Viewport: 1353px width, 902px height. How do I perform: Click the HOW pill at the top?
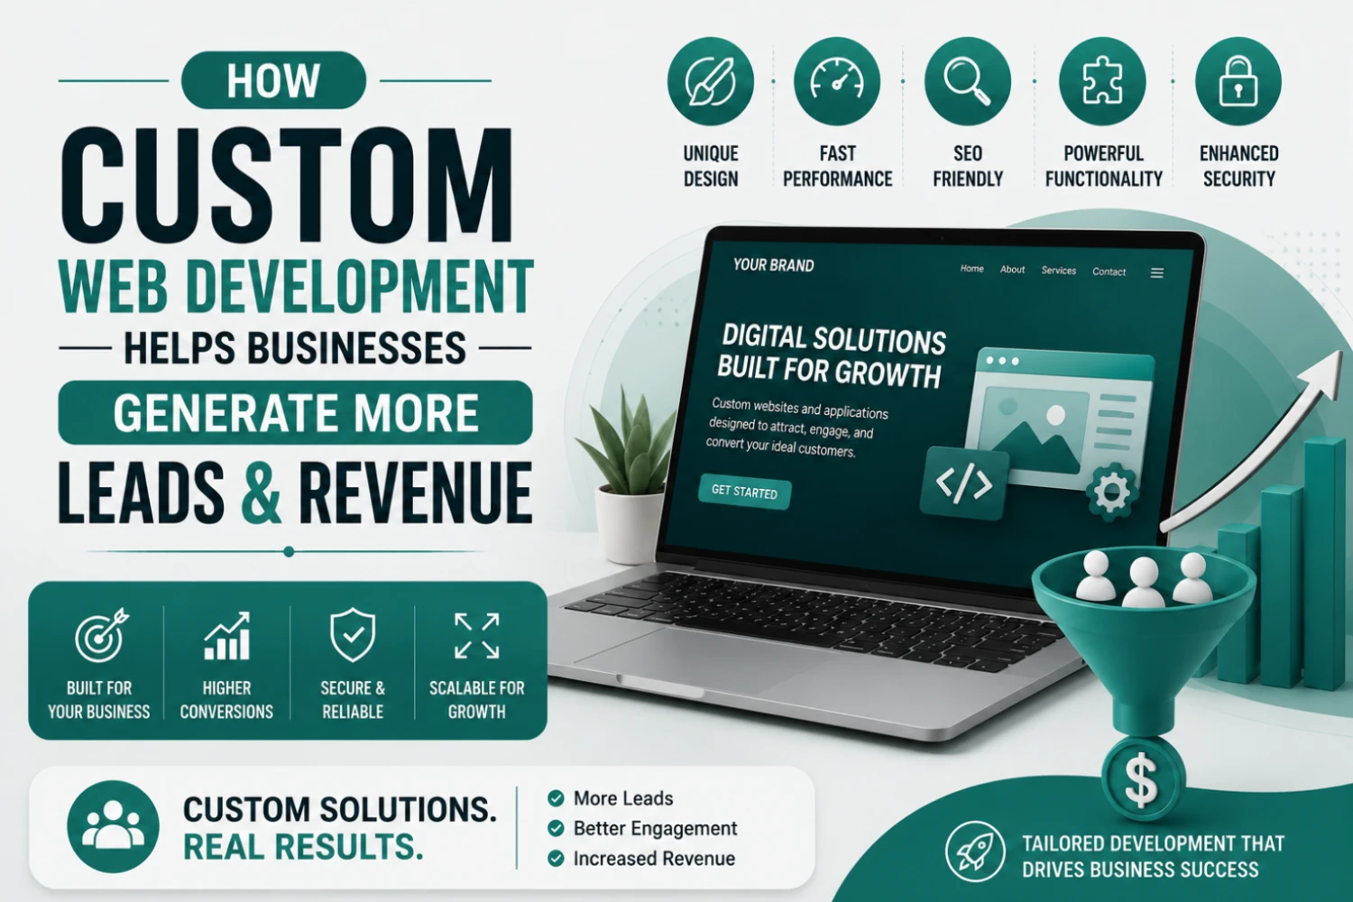coord(273,80)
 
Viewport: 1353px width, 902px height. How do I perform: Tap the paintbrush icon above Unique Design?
coord(711,81)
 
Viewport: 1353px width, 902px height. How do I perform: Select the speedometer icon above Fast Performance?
coord(837,81)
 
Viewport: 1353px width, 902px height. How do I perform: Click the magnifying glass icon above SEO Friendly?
coord(967,81)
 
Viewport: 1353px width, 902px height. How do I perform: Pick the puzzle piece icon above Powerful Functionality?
coord(1102,81)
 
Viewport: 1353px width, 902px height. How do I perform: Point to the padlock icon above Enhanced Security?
coord(1238,81)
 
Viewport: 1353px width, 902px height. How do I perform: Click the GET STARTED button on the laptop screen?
coord(744,492)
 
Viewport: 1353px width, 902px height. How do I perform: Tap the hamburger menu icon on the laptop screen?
coord(1156,273)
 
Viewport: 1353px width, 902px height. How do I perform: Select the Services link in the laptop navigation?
coord(1058,271)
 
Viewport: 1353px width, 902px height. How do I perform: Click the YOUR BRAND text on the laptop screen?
coord(773,265)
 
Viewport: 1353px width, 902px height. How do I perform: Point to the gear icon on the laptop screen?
coord(1111,492)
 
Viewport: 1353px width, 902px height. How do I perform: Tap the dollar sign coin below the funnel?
coord(1143,780)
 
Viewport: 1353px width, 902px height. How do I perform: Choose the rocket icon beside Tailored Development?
coord(975,851)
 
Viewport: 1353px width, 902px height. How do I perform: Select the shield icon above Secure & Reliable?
coord(353,635)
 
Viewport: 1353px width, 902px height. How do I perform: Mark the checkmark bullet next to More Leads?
coord(556,798)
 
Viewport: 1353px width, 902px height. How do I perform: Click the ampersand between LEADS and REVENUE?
coord(262,492)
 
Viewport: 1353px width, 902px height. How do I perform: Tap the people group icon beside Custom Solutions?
coord(113,826)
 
